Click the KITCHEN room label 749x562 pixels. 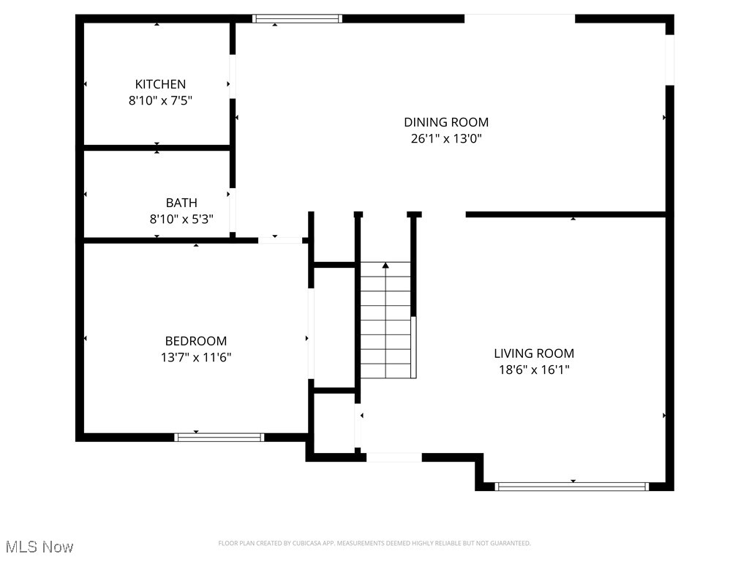(160, 84)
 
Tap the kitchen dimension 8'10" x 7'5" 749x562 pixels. (160, 101)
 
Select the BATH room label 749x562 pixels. (181, 203)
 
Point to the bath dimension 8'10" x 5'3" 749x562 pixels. (181, 219)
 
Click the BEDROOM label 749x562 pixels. (196, 341)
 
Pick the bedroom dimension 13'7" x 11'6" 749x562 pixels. (196, 358)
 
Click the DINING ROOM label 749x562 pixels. (446, 122)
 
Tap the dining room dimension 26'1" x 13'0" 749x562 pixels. (446, 138)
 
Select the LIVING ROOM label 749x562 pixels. (534, 353)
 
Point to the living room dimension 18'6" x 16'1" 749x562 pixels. (534, 370)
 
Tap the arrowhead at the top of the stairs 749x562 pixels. (385, 265)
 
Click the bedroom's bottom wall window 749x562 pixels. (219, 437)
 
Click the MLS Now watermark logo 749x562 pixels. (39, 547)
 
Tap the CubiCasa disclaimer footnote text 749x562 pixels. (374, 543)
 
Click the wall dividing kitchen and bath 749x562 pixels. (157, 148)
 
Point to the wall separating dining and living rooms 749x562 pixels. (565, 214)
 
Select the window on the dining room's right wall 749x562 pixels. (669, 60)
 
